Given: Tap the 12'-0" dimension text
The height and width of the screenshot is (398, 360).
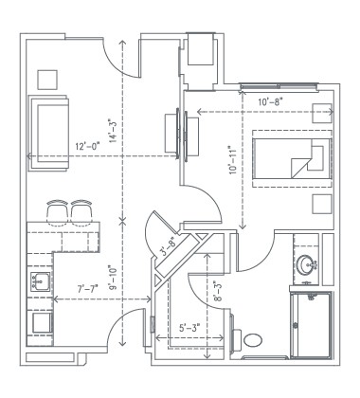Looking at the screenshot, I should click(92, 146).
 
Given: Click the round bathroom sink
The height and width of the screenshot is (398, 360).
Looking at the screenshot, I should click(308, 264).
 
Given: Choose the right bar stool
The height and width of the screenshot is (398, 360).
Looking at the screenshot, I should click(80, 210).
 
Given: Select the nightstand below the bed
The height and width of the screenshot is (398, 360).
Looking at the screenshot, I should click(320, 205).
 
